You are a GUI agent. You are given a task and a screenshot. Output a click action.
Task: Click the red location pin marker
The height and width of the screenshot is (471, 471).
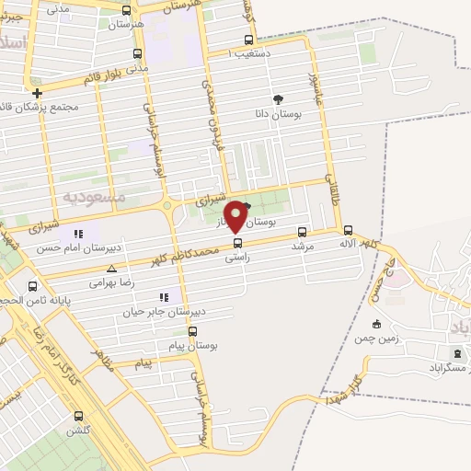click(236, 216)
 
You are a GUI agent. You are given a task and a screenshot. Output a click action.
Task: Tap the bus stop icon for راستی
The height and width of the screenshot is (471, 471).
click(238, 244)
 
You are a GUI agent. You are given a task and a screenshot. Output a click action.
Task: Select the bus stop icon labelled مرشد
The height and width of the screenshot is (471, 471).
click(303, 232)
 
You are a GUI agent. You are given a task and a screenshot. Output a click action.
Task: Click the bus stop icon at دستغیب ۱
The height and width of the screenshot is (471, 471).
click(248, 40)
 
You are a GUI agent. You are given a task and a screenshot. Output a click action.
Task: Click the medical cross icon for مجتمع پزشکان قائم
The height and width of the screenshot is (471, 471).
click(37, 93)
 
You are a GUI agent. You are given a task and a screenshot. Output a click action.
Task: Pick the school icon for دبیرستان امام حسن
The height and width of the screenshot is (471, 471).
click(78, 234)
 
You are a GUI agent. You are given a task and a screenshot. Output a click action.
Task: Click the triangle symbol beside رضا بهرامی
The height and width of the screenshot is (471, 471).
click(111, 270)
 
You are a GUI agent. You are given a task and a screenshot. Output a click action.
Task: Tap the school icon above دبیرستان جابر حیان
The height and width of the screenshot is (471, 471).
click(165, 297)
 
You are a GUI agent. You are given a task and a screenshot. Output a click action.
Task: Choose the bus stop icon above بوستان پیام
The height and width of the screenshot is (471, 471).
click(192, 331)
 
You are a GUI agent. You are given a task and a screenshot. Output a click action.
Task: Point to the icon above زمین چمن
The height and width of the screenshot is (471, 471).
click(376, 324)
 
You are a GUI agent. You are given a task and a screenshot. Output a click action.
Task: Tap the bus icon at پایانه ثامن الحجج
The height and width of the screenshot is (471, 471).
click(33, 286)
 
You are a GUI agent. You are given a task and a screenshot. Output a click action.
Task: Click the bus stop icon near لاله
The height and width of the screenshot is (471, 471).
click(348, 231)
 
